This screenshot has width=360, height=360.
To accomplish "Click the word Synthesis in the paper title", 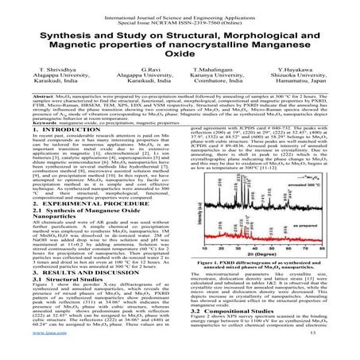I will (59, 40).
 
